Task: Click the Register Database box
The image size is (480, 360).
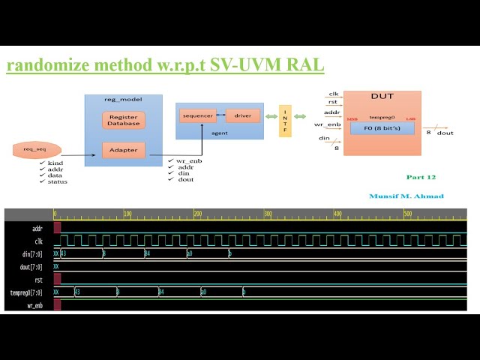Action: (124, 120)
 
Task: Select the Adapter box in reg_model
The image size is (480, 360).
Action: (124, 149)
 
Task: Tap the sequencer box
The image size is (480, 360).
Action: (197, 116)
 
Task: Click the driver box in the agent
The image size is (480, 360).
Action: (242, 116)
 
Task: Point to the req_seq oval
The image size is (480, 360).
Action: (37, 150)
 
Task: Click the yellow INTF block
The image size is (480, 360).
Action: (284, 120)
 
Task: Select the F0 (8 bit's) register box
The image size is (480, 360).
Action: (382, 128)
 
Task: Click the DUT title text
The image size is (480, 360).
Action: (382, 97)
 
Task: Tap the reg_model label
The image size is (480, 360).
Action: (123, 100)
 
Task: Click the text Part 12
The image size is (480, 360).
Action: (421, 178)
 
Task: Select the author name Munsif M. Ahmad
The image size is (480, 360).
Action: (406, 196)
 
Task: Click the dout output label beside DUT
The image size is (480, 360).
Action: (445, 133)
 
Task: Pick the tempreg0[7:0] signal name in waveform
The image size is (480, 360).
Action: (27, 292)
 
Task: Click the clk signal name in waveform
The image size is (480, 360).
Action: (37, 241)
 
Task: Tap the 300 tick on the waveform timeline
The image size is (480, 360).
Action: (268, 214)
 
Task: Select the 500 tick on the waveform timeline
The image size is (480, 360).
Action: (408, 214)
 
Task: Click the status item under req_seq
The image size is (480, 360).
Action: (58, 181)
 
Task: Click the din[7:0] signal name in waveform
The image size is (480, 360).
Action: (33, 254)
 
